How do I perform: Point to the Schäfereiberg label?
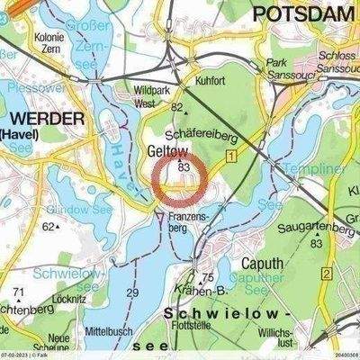(218, 130)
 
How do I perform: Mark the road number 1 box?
(231, 157)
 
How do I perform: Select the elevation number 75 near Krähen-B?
(208, 278)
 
